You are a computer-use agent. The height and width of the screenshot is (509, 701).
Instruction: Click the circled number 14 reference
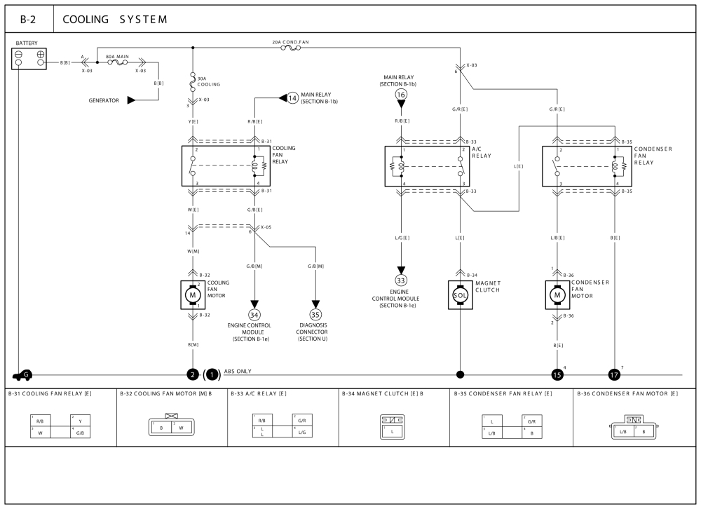pyautogui.click(x=292, y=97)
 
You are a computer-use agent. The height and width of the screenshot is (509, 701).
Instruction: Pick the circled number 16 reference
pyautogui.click(x=401, y=94)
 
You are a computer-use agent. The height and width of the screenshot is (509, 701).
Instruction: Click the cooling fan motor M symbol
pyautogui.click(x=193, y=295)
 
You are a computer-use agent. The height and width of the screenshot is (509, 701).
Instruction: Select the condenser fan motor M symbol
pyautogui.click(x=558, y=294)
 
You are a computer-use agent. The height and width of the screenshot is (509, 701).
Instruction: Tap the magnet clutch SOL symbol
pyautogui.click(x=461, y=294)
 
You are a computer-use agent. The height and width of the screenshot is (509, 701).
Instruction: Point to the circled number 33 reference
pyautogui.click(x=401, y=280)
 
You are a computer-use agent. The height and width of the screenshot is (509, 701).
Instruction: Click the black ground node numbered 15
pyautogui.click(x=558, y=375)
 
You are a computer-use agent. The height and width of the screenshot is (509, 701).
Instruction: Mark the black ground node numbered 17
pyautogui.click(x=615, y=375)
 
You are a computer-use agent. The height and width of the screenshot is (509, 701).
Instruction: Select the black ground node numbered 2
pyautogui.click(x=193, y=375)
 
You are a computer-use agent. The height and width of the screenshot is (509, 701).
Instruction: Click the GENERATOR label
pyautogui.click(x=104, y=100)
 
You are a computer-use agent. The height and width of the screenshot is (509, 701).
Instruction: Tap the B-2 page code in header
pyautogui.click(x=29, y=19)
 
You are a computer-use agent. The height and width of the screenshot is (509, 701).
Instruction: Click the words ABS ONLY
pyautogui.click(x=238, y=371)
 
